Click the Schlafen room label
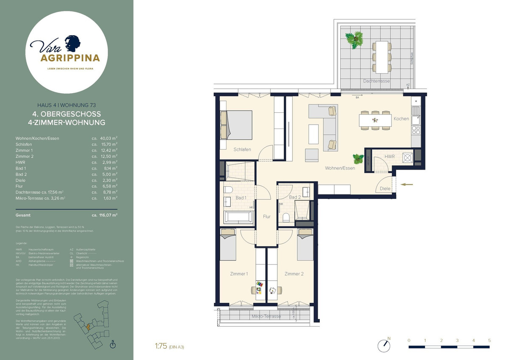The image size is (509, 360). [242, 149]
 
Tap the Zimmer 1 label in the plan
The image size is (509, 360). [239, 274]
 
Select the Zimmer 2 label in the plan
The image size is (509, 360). [294, 274]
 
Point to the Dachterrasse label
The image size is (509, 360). [376, 81]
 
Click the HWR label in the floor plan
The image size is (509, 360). [389, 157]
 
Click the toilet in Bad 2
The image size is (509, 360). [286, 218]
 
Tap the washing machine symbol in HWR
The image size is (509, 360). [408, 158]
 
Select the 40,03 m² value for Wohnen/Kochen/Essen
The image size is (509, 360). [108, 138]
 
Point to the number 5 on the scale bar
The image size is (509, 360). [489, 340]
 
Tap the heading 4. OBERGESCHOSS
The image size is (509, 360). [66, 114]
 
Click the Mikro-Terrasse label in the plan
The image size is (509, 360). [266, 317]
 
